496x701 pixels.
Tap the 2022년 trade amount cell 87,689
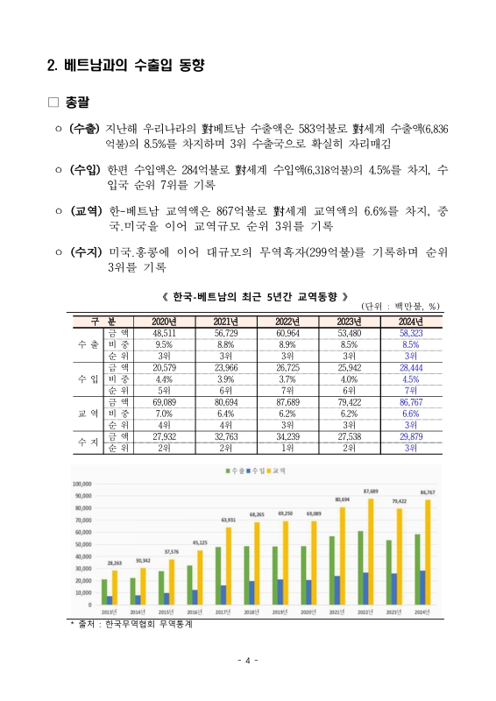coord(287,400)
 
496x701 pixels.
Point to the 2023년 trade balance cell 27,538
coord(349,435)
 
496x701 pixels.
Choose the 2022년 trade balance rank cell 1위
coord(287,446)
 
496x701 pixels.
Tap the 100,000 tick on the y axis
coord(81,483)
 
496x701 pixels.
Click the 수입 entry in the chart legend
coord(252,471)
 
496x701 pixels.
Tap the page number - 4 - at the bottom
coord(248,660)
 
